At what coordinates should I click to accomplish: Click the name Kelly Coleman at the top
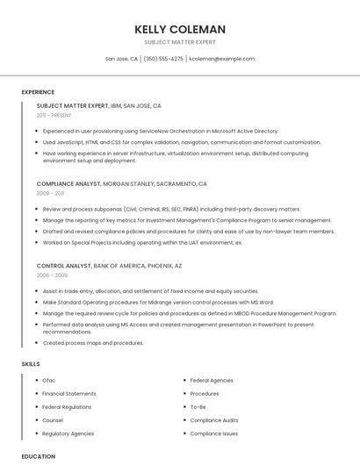pos(180,29)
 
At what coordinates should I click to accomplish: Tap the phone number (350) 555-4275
pos(163,59)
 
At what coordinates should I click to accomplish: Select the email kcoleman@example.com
pos(221,59)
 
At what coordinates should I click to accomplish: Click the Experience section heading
pos(38,92)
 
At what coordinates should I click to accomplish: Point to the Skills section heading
pos(31,362)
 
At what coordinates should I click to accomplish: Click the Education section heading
pos(38,456)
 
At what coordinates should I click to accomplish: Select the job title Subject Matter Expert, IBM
pos(98,105)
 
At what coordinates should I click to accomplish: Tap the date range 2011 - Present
pos(54,115)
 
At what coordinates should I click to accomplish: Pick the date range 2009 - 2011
pos(50,193)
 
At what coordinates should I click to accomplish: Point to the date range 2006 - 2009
pos(52,275)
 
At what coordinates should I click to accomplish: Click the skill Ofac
pos(49,380)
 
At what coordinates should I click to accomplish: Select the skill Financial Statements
pos(69,393)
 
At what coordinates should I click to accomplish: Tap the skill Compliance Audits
pos(214,420)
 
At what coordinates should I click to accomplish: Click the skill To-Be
pos(198,406)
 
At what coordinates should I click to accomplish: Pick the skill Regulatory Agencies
pos(68,433)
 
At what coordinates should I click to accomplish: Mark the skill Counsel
pos(53,420)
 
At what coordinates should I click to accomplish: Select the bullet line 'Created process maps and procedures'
pos(93,343)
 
